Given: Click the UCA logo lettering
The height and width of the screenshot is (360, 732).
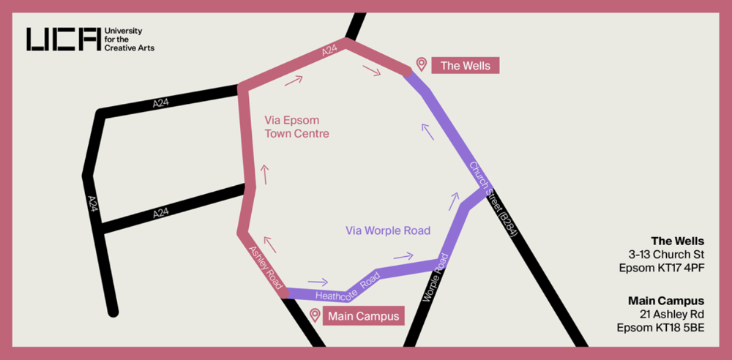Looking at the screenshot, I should point(63,39).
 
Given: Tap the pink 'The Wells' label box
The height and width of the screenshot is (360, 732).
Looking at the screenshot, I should point(466,65).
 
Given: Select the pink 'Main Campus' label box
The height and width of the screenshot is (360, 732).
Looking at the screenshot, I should point(363,316).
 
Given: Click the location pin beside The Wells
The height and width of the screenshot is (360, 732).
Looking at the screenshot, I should point(421,64).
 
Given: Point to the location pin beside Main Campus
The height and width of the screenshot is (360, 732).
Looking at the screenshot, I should point(315,315).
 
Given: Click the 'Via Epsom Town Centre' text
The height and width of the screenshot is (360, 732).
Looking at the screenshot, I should point(296,127).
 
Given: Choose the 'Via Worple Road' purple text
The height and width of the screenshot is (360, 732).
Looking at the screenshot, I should point(387,230).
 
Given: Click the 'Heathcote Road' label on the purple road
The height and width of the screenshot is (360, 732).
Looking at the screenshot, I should point(348,288).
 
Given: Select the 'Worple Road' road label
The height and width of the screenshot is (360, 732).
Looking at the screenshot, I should point(434,285).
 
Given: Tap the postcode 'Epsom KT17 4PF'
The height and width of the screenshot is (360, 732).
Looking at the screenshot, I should point(661,268).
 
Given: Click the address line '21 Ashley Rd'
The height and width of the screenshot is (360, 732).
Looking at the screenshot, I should point(671,314).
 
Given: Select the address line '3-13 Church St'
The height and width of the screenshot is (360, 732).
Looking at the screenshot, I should point(666,255).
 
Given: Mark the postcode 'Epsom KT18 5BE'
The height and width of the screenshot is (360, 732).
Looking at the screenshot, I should point(660,327).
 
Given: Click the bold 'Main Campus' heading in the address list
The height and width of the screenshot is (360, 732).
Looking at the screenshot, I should point(666,301).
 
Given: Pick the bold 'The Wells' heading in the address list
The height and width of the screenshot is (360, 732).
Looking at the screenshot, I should point(677,241).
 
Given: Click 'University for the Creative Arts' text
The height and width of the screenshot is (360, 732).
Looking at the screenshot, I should point(130,40).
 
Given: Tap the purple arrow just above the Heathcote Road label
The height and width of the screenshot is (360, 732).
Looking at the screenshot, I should point(318,282).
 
